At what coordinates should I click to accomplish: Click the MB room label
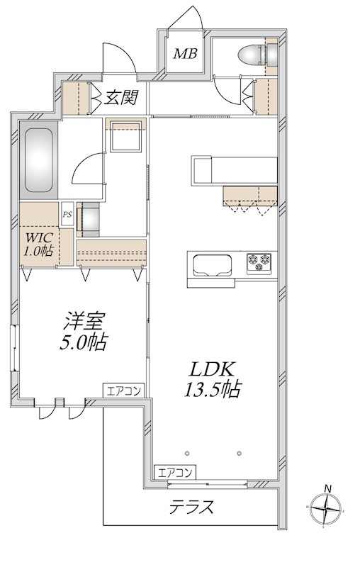pyautogui.click(x=185, y=54)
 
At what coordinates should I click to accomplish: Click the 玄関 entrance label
pyautogui.click(x=120, y=98)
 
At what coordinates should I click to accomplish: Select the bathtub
pyautogui.click(x=38, y=160)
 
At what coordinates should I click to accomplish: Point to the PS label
pyautogui.click(x=67, y=214)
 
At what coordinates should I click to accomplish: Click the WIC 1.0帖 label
pyautogui.click(x=38, y=244)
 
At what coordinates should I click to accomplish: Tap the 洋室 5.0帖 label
pyautogui.click(x=84, y=331)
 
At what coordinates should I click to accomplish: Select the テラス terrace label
pyautogui.click(x=191, y=507)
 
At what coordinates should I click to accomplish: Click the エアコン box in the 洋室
pyautogui.click(x=123, y=391)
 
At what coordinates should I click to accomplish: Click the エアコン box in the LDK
pyautogui.click(x=175, y=472)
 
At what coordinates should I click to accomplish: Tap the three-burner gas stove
pyautogui.click(x=259, y=262)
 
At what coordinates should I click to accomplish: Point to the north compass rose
pyautogui.click(x=327, y=509)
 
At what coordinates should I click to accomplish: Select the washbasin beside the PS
pyautogui.click(x=88, y=220)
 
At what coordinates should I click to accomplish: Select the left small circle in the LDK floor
pyautogui.click(x=187, y=453)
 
